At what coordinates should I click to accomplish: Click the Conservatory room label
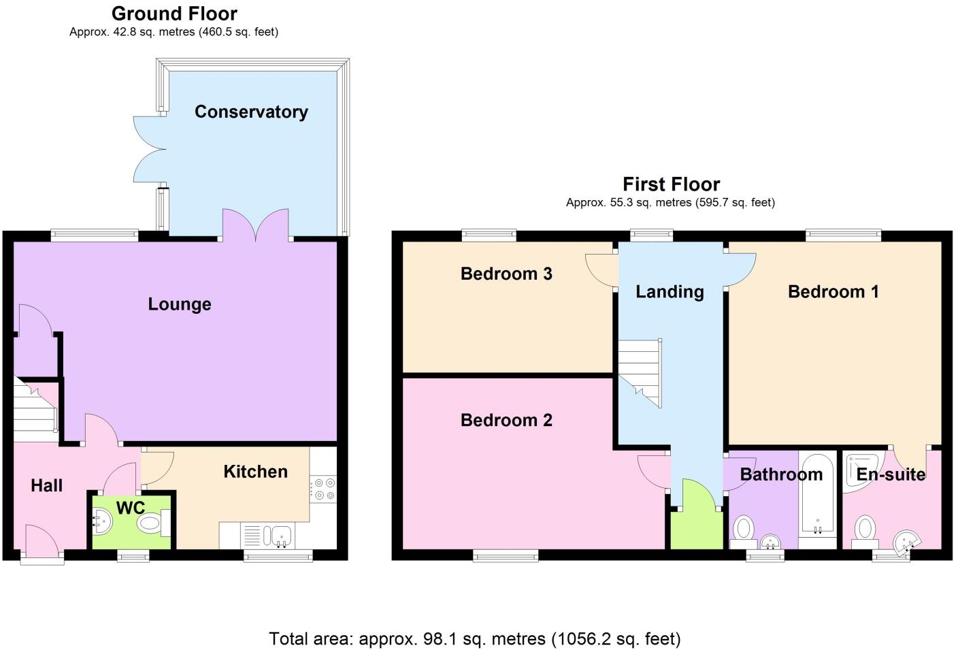click(x=251, y=112)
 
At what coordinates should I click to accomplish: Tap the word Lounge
click(x=180, y=304)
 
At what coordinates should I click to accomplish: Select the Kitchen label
click(x=255, y=472)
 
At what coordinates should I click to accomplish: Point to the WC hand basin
click(x=102, y=521)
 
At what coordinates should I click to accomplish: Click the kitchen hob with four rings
click(x=323, y=489)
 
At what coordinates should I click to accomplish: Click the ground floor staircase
click(x=36, y=409)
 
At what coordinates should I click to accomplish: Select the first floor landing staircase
click(x=640, y=373)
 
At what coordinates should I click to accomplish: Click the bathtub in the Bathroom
click(x=817, y=495)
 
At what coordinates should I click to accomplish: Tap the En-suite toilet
click(x=864, y=532)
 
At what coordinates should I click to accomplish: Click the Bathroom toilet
click(x=743, y=532)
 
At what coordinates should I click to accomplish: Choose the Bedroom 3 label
click(x=506, y=274)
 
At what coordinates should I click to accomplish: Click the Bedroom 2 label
click(x=506, y=420)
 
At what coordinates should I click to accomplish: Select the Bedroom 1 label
click(x=833, y=292)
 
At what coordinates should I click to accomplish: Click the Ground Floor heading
click(x=174, y=14)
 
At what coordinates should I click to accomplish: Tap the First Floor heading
click(x=671, y=184)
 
